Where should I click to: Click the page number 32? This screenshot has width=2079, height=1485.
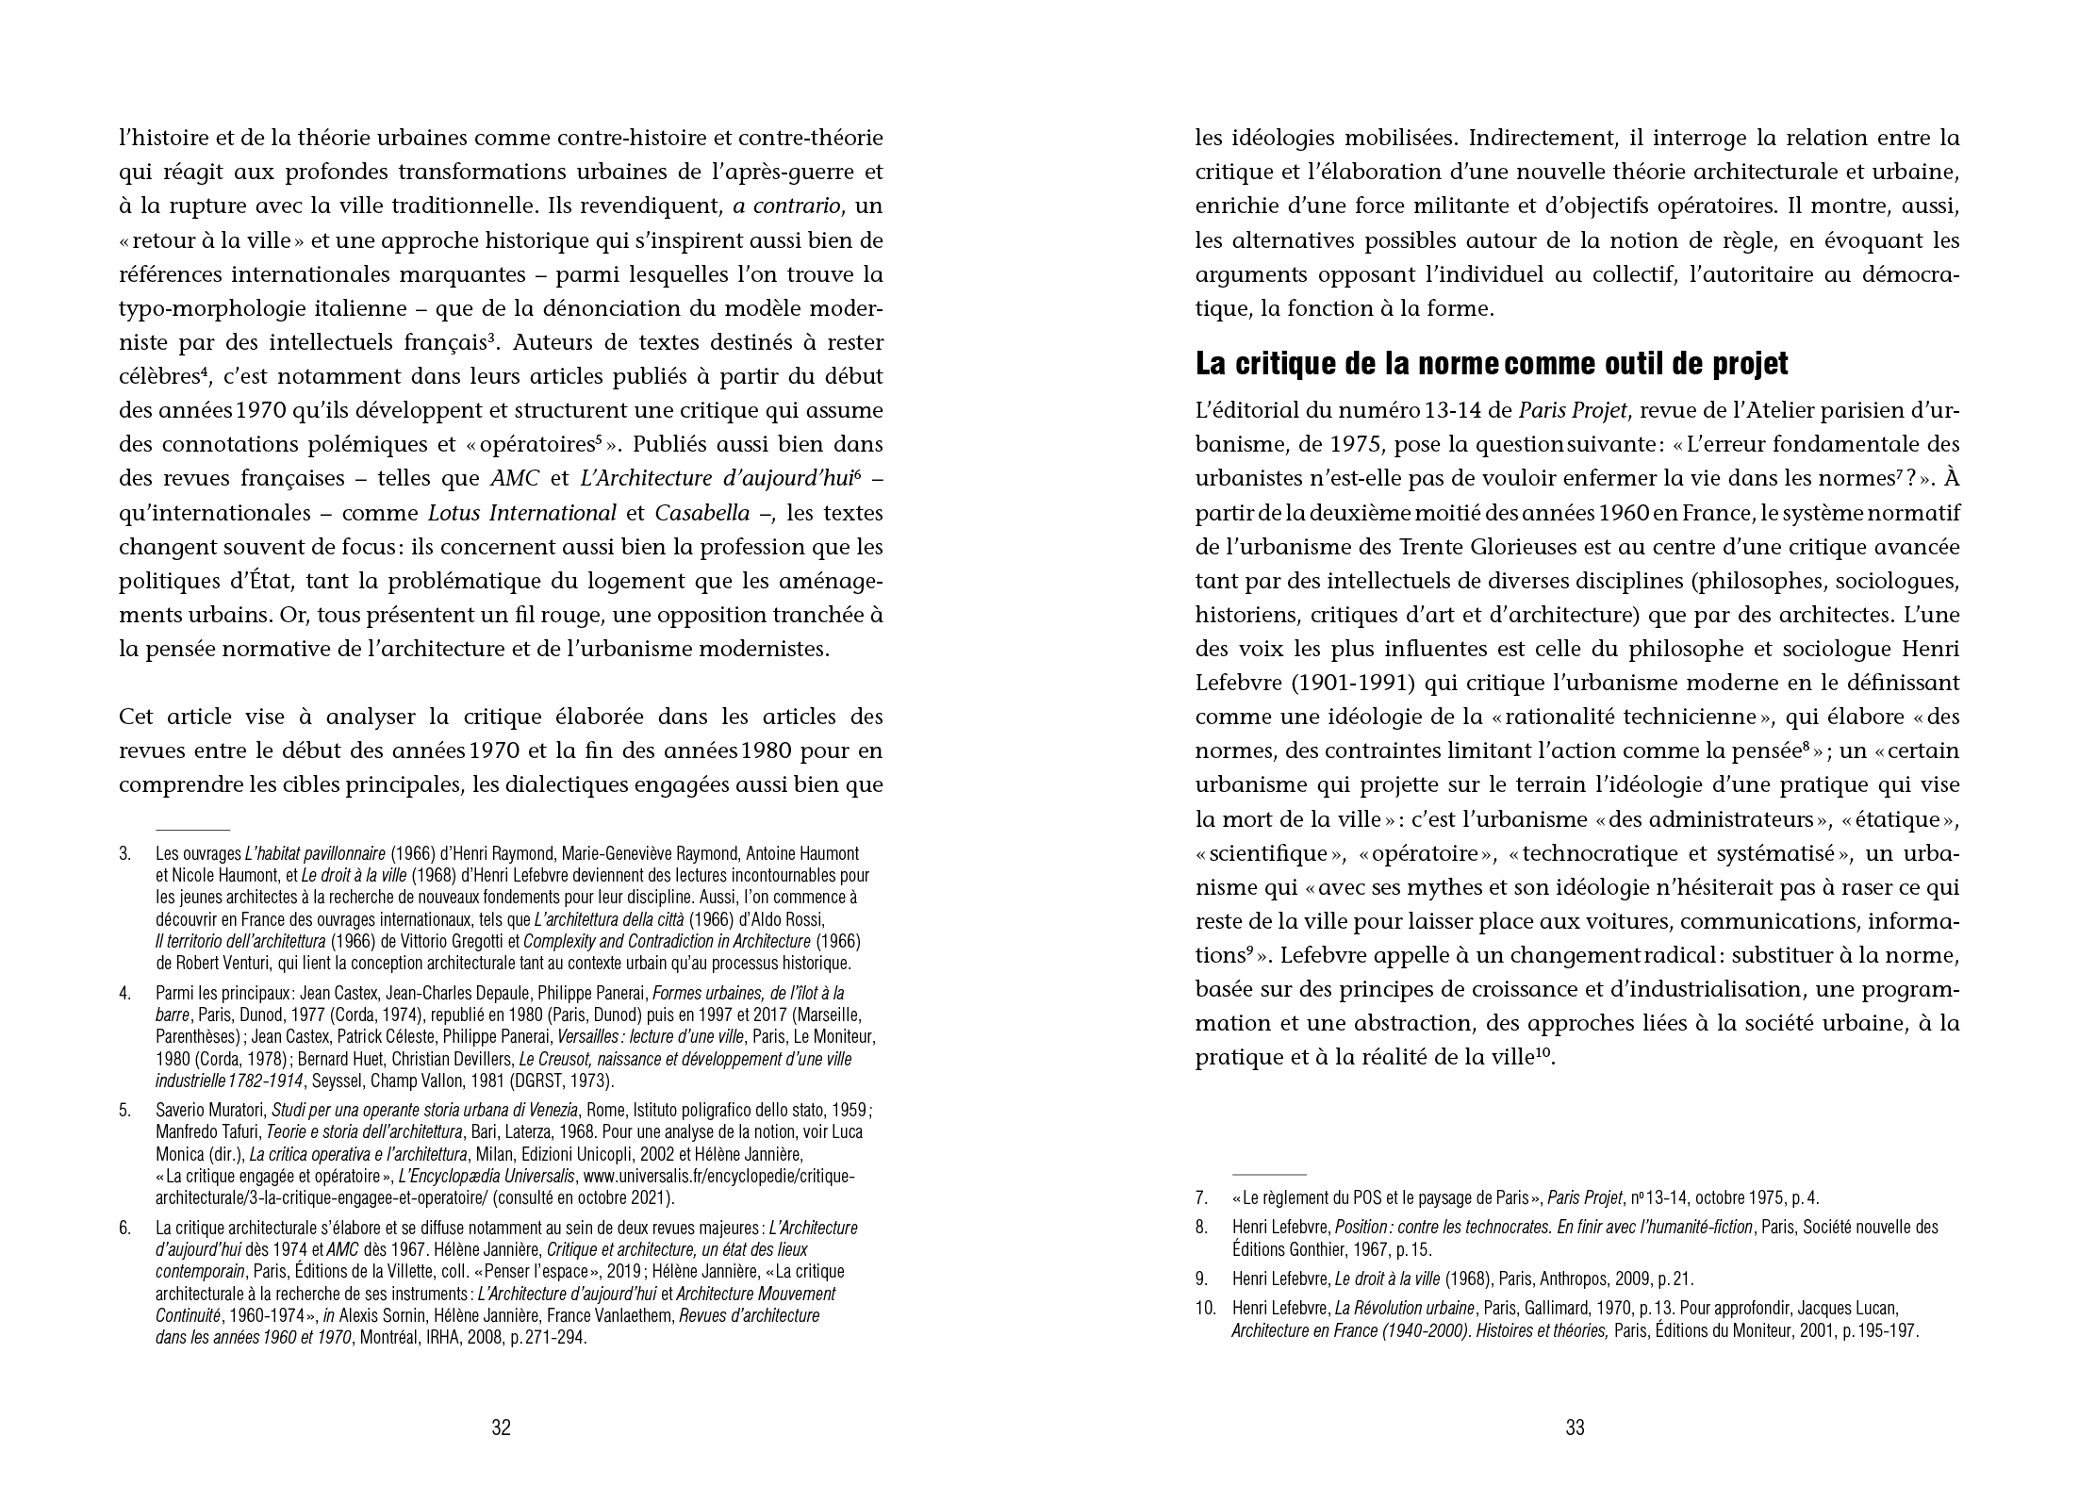point(501,1427)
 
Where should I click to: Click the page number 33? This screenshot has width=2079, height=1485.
point(1575,1427)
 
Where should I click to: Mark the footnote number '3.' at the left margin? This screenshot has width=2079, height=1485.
point(124,854)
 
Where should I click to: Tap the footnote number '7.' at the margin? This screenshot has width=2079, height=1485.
point(1201,1198)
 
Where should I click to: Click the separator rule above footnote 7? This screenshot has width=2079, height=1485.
point(1269,1175)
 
